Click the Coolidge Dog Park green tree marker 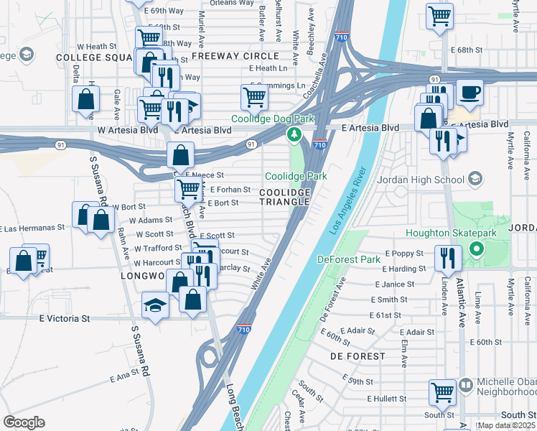coord(294,134)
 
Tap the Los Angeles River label coord(347,201)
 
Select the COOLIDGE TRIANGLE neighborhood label coord(285,198)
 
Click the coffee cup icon coord(470,93)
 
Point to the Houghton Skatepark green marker coord(475,249)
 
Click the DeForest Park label coord(348,259)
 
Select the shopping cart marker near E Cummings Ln coord(254,96)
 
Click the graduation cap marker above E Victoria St coord(156,306)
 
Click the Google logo coord(24,422)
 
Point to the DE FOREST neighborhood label coord(358,356)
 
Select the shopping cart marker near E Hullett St coord(443,392)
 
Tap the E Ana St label coord(123,376)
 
